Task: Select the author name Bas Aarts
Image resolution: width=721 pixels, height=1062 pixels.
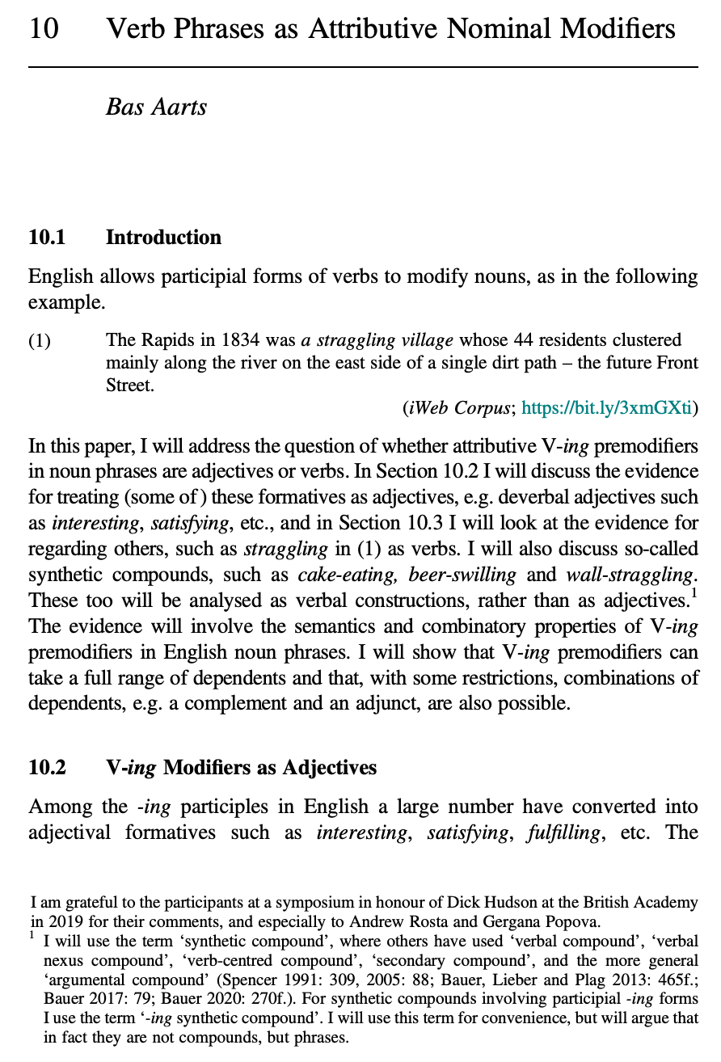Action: pyautogui.click(x=156, y=107)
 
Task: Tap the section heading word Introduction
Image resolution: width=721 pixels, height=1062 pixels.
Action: pyautogui.click(x=163, y=238)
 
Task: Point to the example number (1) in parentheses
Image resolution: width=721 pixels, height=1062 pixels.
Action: pyautogui.click(x=40, y=340)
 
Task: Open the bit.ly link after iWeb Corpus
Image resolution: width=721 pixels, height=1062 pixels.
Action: pyautogui.click(x=606, y=409)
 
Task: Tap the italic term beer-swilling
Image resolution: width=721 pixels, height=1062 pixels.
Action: pyautogui.click(x=462, y=575)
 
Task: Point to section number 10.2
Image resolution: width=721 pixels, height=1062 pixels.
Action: pyautogui.click(x=47, y=767)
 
